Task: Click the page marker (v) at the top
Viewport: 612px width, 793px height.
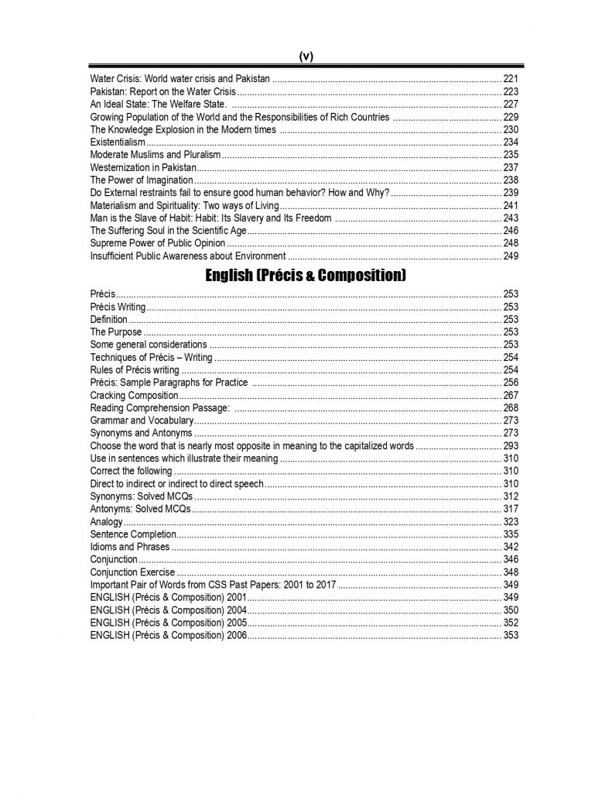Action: click(x=306, y=57)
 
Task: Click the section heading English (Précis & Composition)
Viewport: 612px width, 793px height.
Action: click(x=306, y=275)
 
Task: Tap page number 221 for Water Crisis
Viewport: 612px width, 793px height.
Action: click(x=511, y=79)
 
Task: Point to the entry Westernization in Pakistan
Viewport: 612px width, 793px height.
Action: click(x=143, y=167)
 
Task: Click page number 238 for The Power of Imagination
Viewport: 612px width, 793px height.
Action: click(x=511, y=180)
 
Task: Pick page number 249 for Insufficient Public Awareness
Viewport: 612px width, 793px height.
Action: click(x=511, y=256)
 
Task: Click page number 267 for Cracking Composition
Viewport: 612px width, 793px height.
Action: click(x=511, y=395)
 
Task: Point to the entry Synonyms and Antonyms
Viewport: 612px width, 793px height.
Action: click(x=141, y=433)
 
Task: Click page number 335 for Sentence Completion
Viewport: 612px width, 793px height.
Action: click(x=511, y=534)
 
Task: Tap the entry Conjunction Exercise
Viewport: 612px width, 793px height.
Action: click(x=127, y=572)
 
